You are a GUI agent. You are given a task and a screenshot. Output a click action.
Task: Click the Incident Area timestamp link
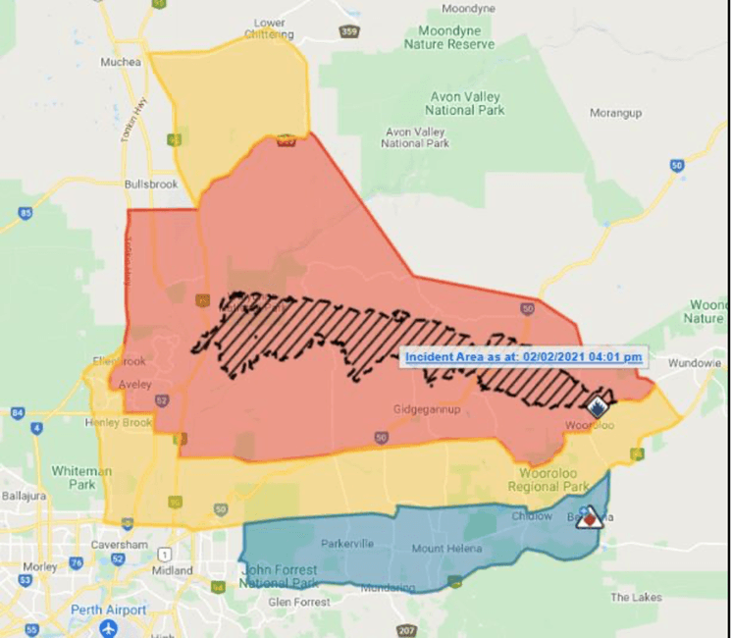click(x=524, y=357)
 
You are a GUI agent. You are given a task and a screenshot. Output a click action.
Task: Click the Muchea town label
click(x=121, y=62)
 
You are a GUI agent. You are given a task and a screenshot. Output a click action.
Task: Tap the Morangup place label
click(x=615, y=113)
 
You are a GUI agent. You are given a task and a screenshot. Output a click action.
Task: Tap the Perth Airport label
click(x=107, y=610)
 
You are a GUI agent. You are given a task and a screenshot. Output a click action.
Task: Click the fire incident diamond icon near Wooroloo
click(x=598, y=405)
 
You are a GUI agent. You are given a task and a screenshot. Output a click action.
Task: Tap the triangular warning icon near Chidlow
click(x=589, y=518)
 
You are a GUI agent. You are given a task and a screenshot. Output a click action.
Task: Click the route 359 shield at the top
click(x=348, y=31)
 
